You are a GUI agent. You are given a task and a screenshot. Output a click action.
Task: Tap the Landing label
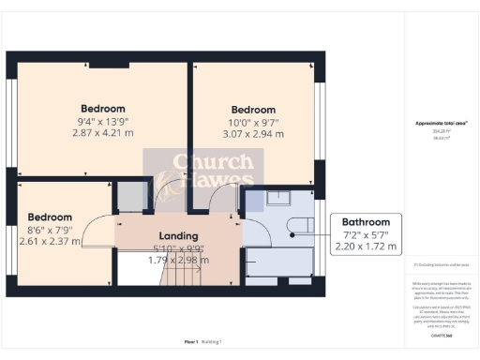coord(177,235)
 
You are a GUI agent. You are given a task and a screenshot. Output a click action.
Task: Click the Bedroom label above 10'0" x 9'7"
coord(253,109)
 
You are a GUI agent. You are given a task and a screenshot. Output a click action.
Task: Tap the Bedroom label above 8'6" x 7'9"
coord(50,217)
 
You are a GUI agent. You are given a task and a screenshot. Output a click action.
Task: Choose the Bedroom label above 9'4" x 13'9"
coord(102,109)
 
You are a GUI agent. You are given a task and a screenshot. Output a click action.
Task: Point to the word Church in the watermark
coord(198,161)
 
